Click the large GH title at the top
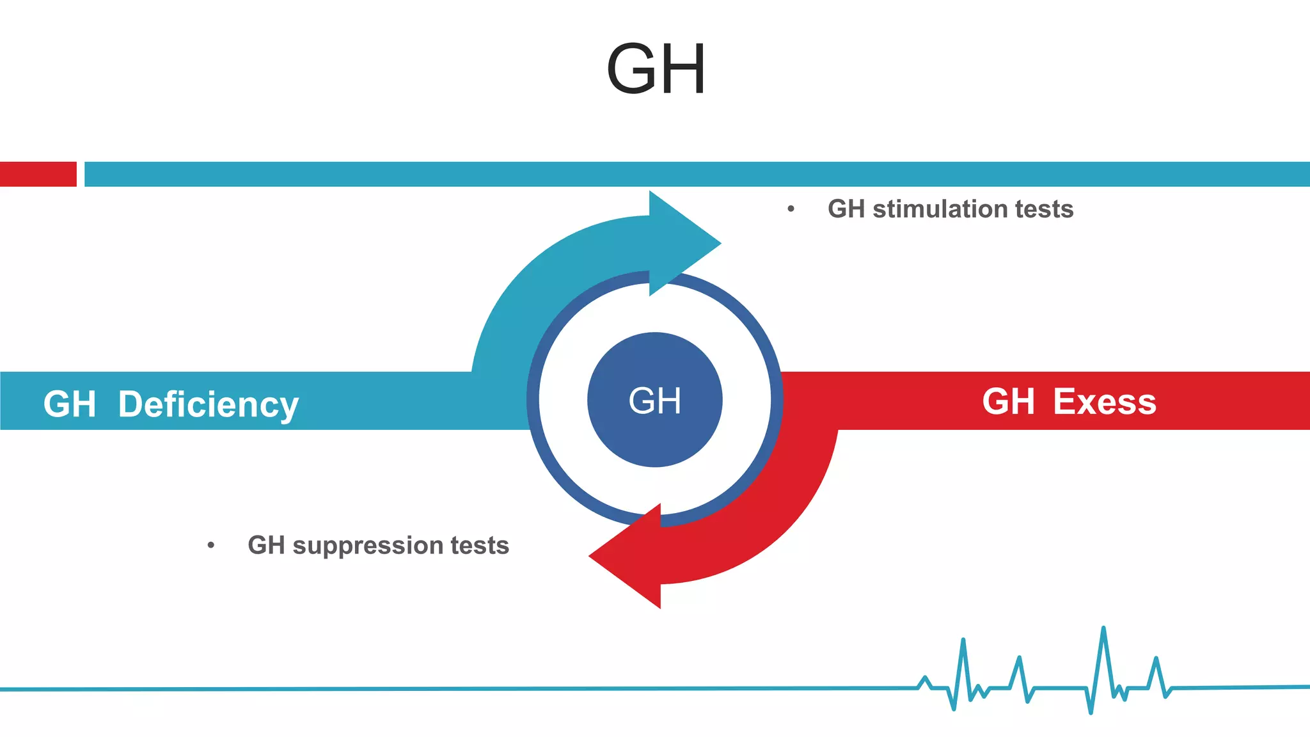[656, 69]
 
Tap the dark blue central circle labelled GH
[654, 400]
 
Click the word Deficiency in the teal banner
[208, 405]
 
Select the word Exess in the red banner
[1105, 402]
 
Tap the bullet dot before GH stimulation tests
[791, 209]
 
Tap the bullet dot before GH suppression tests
[211, 546]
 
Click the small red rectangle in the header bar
[38, 174]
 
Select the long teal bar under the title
[697, 174]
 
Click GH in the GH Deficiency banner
[69, 405]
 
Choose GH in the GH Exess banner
[1008, 402]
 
